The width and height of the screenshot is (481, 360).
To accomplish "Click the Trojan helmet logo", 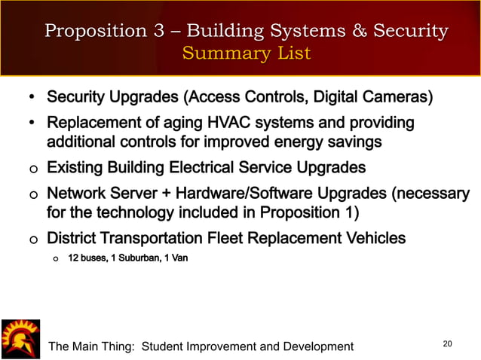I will point(20,338).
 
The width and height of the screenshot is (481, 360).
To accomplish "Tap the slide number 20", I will point(448,344).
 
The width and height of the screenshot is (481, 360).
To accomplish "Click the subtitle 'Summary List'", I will point(246,53).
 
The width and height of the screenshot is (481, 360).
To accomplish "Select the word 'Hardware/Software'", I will point(247,194).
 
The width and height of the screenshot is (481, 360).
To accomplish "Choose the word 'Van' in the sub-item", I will point(180,258).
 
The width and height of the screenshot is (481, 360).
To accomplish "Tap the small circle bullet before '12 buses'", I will point(54,259).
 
